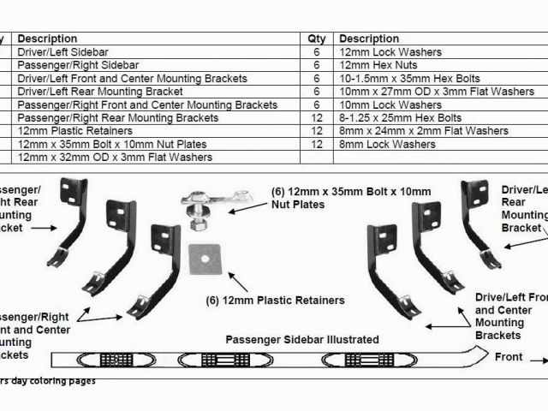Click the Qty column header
click(x=316, y=39)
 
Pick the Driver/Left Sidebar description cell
click(x=62, y=52)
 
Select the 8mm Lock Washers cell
click(x=378, y=144)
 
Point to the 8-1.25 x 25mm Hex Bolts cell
click(x=400, y=118)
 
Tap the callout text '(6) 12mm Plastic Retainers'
click(x=275, y=301)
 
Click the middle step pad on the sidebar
click(x=205, y=359)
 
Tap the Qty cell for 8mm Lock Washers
click(x=316, y=144)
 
